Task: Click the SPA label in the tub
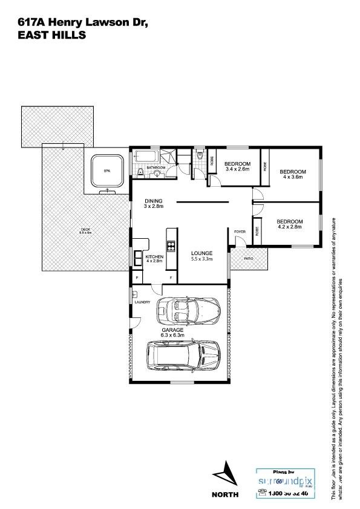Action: [107, 171]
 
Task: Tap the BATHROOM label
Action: [155, 167]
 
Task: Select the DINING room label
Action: [154, 201]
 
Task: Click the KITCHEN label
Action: [154, 256]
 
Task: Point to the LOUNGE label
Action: [201, 253]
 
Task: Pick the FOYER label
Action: [240, 231]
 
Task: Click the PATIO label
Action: [247, 258]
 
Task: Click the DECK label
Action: [86, 229]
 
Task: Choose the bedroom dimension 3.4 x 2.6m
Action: [237, 170]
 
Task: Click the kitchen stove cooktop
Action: [171, 245]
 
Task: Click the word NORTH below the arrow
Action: [224, 494]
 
